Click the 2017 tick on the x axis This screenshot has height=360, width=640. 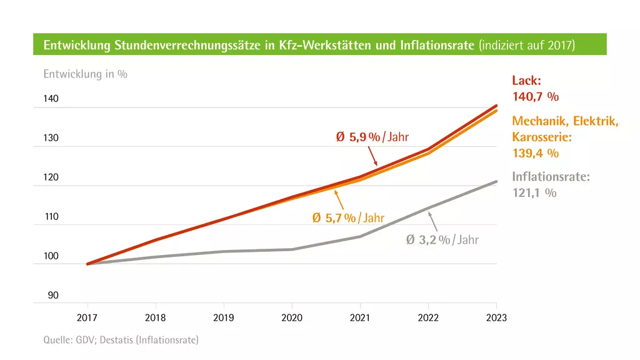tap(87, 317)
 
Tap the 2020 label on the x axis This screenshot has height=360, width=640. tap(292, 317)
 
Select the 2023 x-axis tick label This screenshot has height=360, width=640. tap(497, 317)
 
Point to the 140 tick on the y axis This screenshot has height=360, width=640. tap(51, 99)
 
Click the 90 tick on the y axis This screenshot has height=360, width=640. tap(53, 296)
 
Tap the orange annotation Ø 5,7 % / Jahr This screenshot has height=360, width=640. tap(348, 218)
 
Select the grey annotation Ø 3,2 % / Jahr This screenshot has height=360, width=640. tap(442, 239)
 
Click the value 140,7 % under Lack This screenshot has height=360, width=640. tap(535, 97)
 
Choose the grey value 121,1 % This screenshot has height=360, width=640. tap(534, 193)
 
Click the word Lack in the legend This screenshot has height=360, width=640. tap(526, 81)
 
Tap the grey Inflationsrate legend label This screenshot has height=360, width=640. tap(551, 177)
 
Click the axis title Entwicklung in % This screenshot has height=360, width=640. tap(85, 74)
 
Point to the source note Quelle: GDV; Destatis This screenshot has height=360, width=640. tap(121, 340)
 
